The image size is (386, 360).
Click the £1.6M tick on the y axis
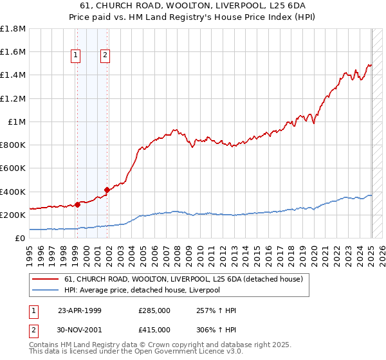coord(13,52)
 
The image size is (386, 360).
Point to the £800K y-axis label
coord(13,145)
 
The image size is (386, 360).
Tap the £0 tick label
coord(20,239)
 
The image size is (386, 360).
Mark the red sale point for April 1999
coord(77,204)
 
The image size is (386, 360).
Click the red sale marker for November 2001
coord(107,190)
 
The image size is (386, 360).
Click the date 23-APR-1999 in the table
coord(80,310)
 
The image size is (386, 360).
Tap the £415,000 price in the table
coord(154,329)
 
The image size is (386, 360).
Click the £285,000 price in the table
coord(154,310)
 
